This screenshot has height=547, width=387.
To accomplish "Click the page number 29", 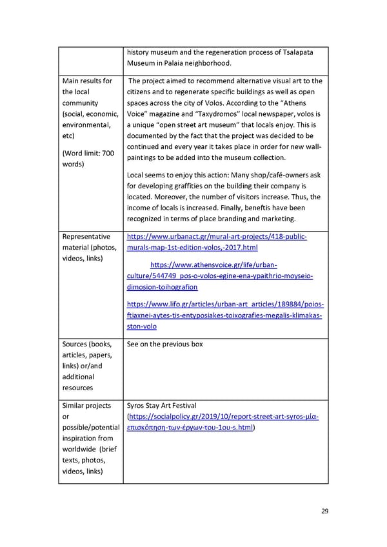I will pyautogui.click(x=325, y=512).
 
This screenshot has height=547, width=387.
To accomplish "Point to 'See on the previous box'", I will pyautogui.click(x=164, y=344).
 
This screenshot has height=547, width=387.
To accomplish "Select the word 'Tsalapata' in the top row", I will pyautogui.click(x=296, y=52).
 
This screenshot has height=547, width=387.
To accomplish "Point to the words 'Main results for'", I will pyautogui.click(x=87, y=81).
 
